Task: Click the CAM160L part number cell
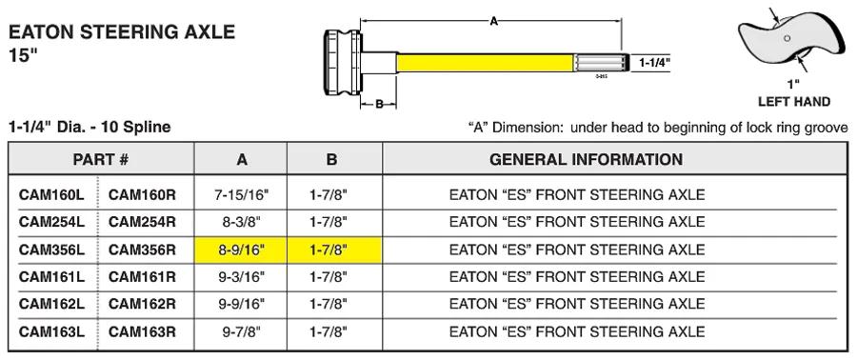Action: click(x=52, y=195)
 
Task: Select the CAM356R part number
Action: click(x=142, y=250)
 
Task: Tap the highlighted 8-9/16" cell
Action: click(x=241, y=250)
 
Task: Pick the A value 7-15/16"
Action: click(x=241, y=195)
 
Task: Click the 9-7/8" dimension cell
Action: click(x=241, y=331)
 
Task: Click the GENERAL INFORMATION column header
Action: click(x=586, y=159)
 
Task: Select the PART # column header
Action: click(x=101, y=159)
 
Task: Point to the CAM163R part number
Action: click(x=142, y=331)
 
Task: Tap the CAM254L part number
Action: click(x=52, y=222)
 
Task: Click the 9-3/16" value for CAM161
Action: click(x=241, y=277)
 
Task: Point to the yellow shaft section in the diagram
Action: click(x=485, y=63)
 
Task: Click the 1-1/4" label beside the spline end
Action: click(x=654, y=63)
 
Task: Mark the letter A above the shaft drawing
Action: click(x=493, y=21)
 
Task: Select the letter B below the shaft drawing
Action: click(x=379, y=104)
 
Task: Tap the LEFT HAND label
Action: click(x=793, y=102)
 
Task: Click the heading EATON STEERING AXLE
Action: click(x=122, y=32)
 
